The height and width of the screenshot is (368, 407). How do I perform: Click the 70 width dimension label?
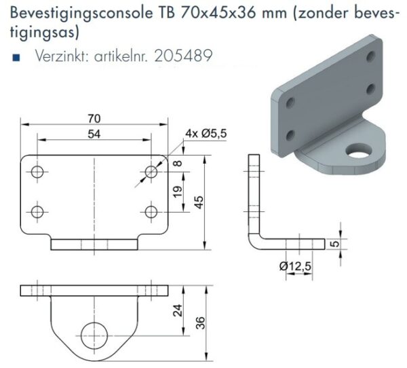tap(94, 119)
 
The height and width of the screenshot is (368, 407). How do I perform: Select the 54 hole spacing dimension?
tap(94, 134)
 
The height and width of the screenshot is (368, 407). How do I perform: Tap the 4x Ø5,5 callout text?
tap(206, 133)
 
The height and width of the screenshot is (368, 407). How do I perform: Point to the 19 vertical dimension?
tap(178, 191)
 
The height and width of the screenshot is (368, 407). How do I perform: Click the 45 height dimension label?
tap(199, 202)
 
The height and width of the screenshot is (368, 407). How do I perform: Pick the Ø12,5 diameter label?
tap(295, 266)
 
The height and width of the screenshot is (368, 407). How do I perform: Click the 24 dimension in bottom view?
tap(178, 310)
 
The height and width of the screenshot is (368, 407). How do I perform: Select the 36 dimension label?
tap(200, 323)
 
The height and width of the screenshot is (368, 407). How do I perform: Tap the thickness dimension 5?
tap(336, 244)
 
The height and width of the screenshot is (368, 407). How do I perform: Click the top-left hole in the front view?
tap(37, 172)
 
